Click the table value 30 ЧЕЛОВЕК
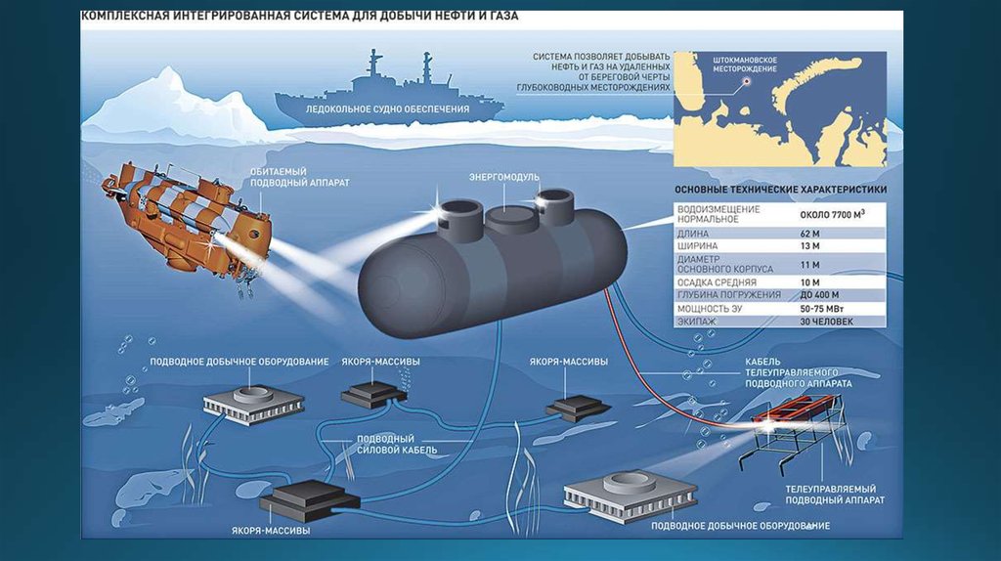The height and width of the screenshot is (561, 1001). pos(826,321)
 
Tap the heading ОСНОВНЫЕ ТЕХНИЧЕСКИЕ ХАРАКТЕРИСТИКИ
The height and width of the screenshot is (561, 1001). pos(780,191)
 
